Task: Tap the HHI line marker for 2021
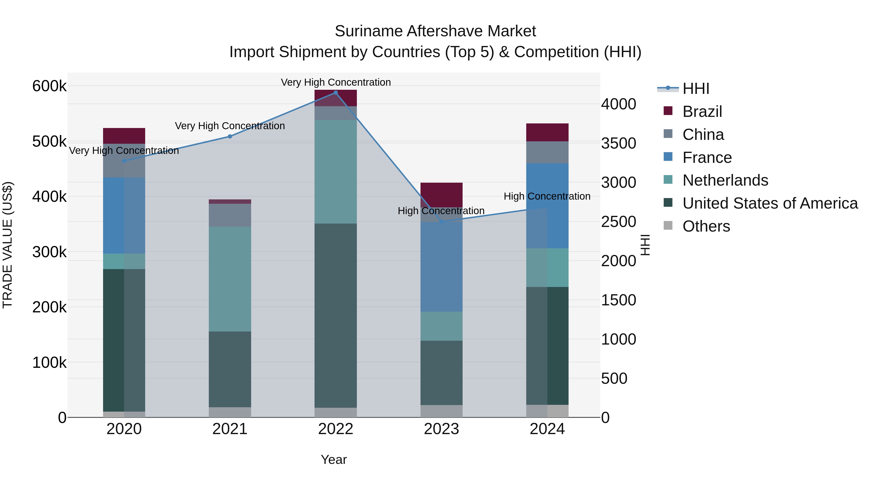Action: (x=230, y=137)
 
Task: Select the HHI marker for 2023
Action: (x=441, y=222)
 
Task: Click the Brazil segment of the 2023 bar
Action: (x=441, y=195)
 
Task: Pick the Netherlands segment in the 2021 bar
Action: (x=230, y=279)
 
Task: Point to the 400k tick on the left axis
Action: (x=49, y=196)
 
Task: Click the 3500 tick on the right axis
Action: (x=618, y=143)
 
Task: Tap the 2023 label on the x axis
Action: (x=441, y=429)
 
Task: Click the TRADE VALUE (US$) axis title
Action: (x=8, y=245)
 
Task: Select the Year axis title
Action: (x=334, y=460)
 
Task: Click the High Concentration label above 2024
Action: (x=547, y=196)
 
